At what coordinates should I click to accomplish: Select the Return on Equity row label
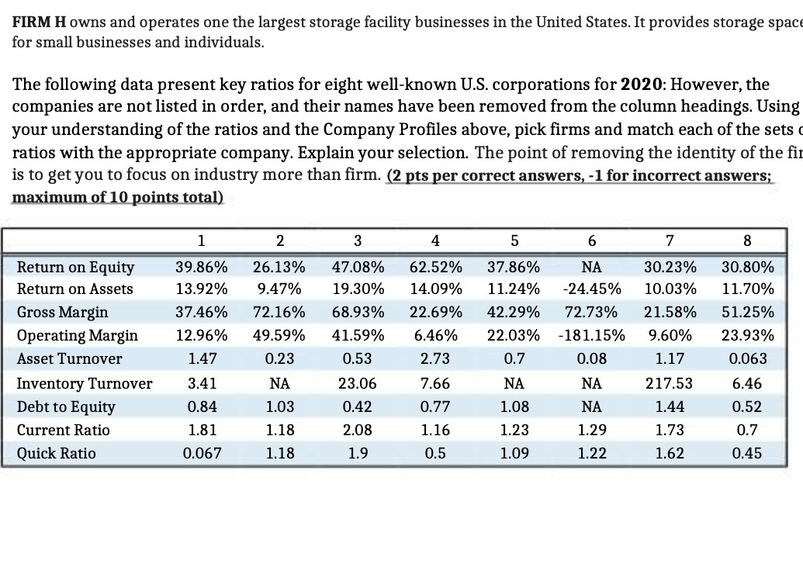pos(75,268)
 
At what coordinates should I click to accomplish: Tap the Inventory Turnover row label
pos(85,383)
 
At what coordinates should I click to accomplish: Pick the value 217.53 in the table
pos(669,383)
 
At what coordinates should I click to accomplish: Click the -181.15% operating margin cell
pos(591,335)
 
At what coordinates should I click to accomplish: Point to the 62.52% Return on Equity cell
pos(435,268)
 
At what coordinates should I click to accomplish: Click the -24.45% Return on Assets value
pos(591,289)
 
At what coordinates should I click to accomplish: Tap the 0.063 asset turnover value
pos(747,358)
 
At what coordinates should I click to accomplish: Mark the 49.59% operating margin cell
pos(279,335)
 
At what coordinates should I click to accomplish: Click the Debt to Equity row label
pos(66,407)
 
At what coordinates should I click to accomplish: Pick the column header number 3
pos(358,240)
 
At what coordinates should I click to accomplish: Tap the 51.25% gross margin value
pos(747,312)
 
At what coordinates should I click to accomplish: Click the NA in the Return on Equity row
pos(591,268)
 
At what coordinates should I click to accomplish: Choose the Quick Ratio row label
pos(57,453)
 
